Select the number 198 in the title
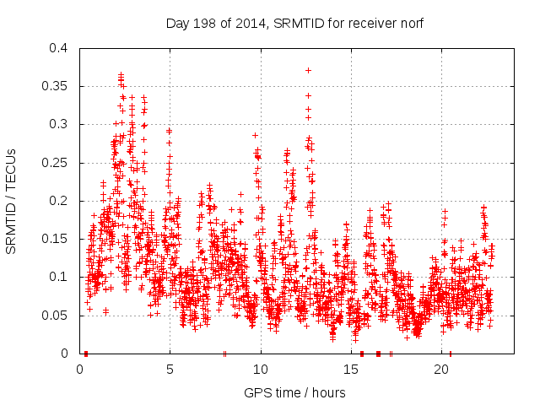[x=209, y=24]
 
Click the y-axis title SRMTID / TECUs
[x=12, y=201]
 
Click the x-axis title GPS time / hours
[x=294, y=392]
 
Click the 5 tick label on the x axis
[x=170, y=369]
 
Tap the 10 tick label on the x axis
[x=261, y=369]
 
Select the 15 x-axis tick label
[x=351, y=369]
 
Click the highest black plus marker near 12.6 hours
[x=308, y=70]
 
